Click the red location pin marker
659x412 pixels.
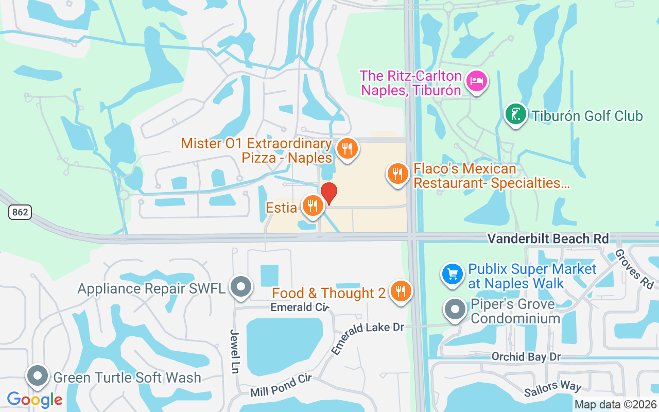point(329,193)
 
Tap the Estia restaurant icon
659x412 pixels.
point(312,205)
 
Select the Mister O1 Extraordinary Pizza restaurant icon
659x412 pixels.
point(348,149)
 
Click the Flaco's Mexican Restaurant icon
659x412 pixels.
point(397,174)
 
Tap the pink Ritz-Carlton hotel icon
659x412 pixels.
point(477,81)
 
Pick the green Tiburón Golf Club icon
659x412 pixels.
point(515,114)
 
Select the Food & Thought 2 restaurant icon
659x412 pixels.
point(400,291)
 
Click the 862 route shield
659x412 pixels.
point(20,212)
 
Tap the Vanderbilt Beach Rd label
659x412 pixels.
point(548,238)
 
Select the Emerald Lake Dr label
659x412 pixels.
point(368,338)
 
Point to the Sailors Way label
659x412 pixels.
point(552,389)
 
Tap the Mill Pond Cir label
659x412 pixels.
point(281,386)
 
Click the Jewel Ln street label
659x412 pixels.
point(235,351)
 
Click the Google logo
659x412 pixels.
point(35,400)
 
